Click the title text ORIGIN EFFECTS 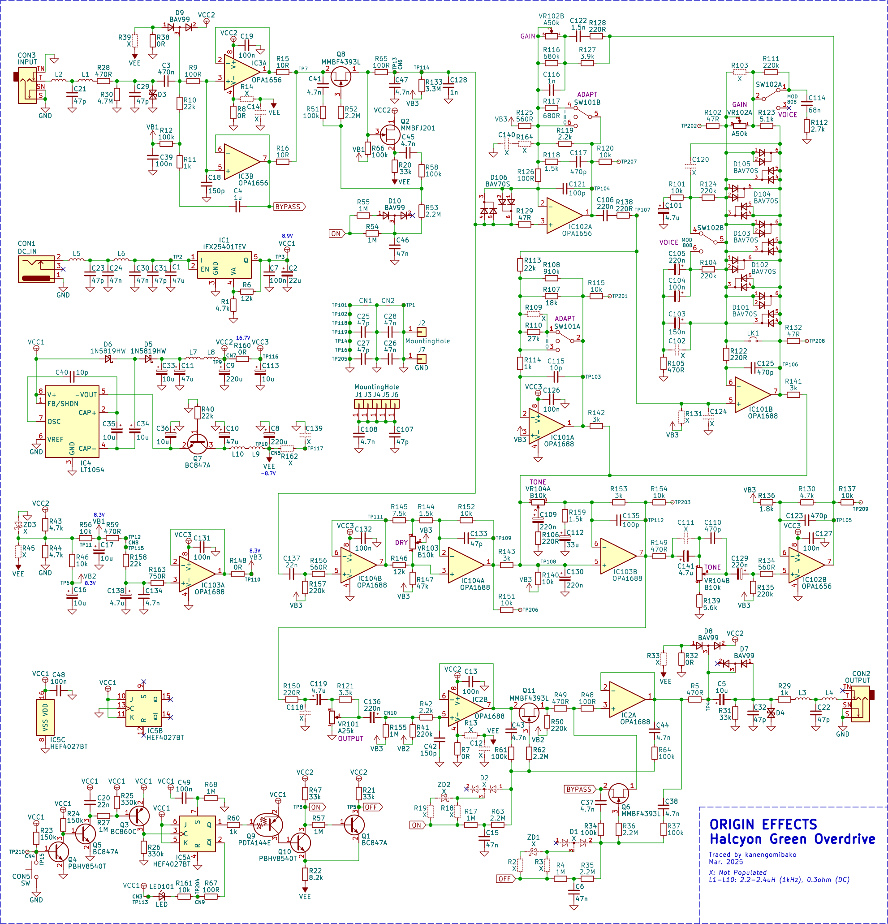763,824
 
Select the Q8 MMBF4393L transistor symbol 341,76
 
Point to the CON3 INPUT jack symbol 27,85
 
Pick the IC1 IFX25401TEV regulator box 224,265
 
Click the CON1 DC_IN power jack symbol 36,269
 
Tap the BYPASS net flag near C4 289,207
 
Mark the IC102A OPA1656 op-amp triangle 564,216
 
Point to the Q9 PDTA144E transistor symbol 268,825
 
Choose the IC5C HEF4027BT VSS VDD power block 45,717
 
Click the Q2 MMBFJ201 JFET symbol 390,134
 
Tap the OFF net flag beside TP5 372,807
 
